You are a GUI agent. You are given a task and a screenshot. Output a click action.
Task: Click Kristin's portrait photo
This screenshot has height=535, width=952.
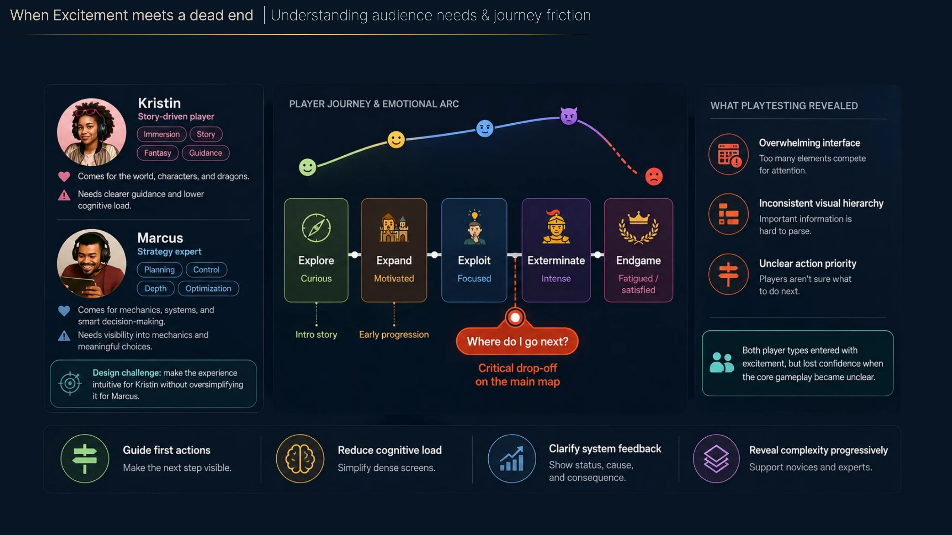91,132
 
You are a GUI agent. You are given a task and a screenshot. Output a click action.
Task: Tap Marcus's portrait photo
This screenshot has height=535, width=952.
91,263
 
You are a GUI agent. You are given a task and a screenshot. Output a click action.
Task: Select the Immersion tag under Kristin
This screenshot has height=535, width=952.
161,134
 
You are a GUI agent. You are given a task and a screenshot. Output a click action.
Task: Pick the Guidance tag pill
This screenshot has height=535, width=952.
205,153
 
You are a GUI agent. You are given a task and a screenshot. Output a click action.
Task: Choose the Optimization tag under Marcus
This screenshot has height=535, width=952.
208,288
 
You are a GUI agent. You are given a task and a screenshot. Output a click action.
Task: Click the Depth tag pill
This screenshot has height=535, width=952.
155,288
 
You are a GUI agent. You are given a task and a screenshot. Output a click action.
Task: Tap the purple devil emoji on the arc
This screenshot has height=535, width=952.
569,116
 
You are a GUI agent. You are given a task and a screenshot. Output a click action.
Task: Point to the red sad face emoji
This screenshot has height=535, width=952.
654,176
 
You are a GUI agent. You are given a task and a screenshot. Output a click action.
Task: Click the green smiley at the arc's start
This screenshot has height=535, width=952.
308,167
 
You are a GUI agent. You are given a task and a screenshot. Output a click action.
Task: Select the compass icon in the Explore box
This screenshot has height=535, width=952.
316,228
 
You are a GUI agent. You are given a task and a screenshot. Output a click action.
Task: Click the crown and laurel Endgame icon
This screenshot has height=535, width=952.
639,227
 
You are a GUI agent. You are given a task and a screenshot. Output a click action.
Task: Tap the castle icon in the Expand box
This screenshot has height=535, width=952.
394,228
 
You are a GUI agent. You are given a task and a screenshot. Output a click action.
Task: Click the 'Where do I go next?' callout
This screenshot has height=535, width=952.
517,341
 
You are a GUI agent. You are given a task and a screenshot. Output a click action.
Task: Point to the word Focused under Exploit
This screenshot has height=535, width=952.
474,278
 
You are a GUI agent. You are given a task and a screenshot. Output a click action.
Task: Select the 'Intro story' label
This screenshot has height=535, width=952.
316,334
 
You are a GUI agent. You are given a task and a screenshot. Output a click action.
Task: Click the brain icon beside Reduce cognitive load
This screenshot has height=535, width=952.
300,458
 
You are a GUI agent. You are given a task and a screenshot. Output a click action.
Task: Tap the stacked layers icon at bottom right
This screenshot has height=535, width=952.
716,458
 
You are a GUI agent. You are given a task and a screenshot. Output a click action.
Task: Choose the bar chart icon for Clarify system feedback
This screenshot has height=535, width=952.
512,458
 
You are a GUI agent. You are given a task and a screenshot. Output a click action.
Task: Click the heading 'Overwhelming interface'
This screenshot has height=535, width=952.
810,143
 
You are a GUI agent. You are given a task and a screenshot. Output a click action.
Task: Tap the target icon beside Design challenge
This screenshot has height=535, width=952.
70,383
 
